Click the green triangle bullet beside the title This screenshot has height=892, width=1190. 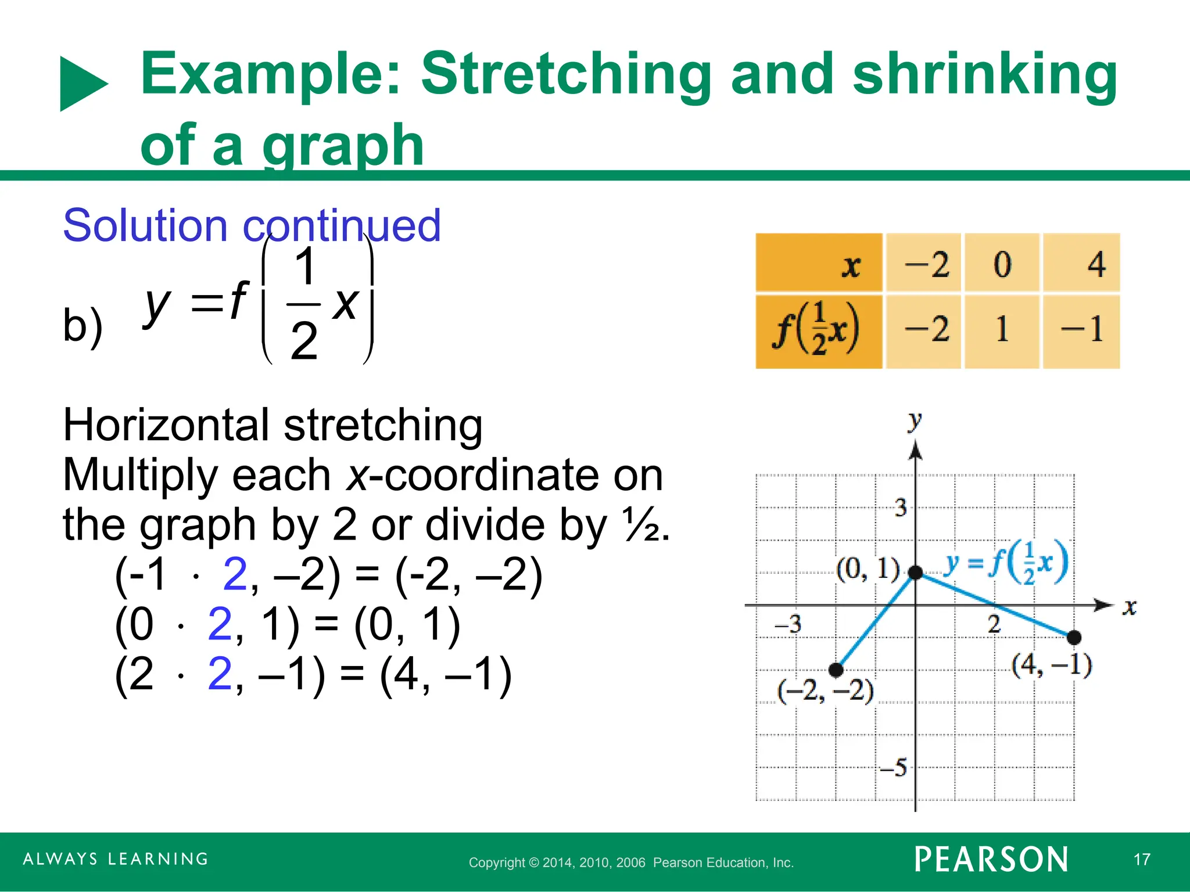pos(83,84)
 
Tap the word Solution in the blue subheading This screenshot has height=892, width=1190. pos(145,225)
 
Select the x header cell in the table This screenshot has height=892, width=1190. pos(819,263)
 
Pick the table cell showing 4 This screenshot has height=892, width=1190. pos(1081,263)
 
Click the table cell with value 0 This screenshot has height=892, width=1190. pos(1002,263)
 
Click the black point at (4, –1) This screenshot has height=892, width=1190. pos(1074,637)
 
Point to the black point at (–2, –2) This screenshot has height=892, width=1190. pos(836,670)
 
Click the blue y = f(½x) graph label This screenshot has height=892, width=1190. pos(1006,562)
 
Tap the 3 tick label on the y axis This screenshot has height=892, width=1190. pos(901,508)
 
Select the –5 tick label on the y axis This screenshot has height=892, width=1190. pos(894,768)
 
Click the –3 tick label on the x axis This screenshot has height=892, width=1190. pos(788,624)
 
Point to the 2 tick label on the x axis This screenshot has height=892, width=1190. pos(994,624)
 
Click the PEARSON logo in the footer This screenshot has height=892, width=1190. pos(991,859)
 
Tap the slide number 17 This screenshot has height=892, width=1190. pos(1142,859)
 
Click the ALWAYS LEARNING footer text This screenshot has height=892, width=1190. pos(116,859)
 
